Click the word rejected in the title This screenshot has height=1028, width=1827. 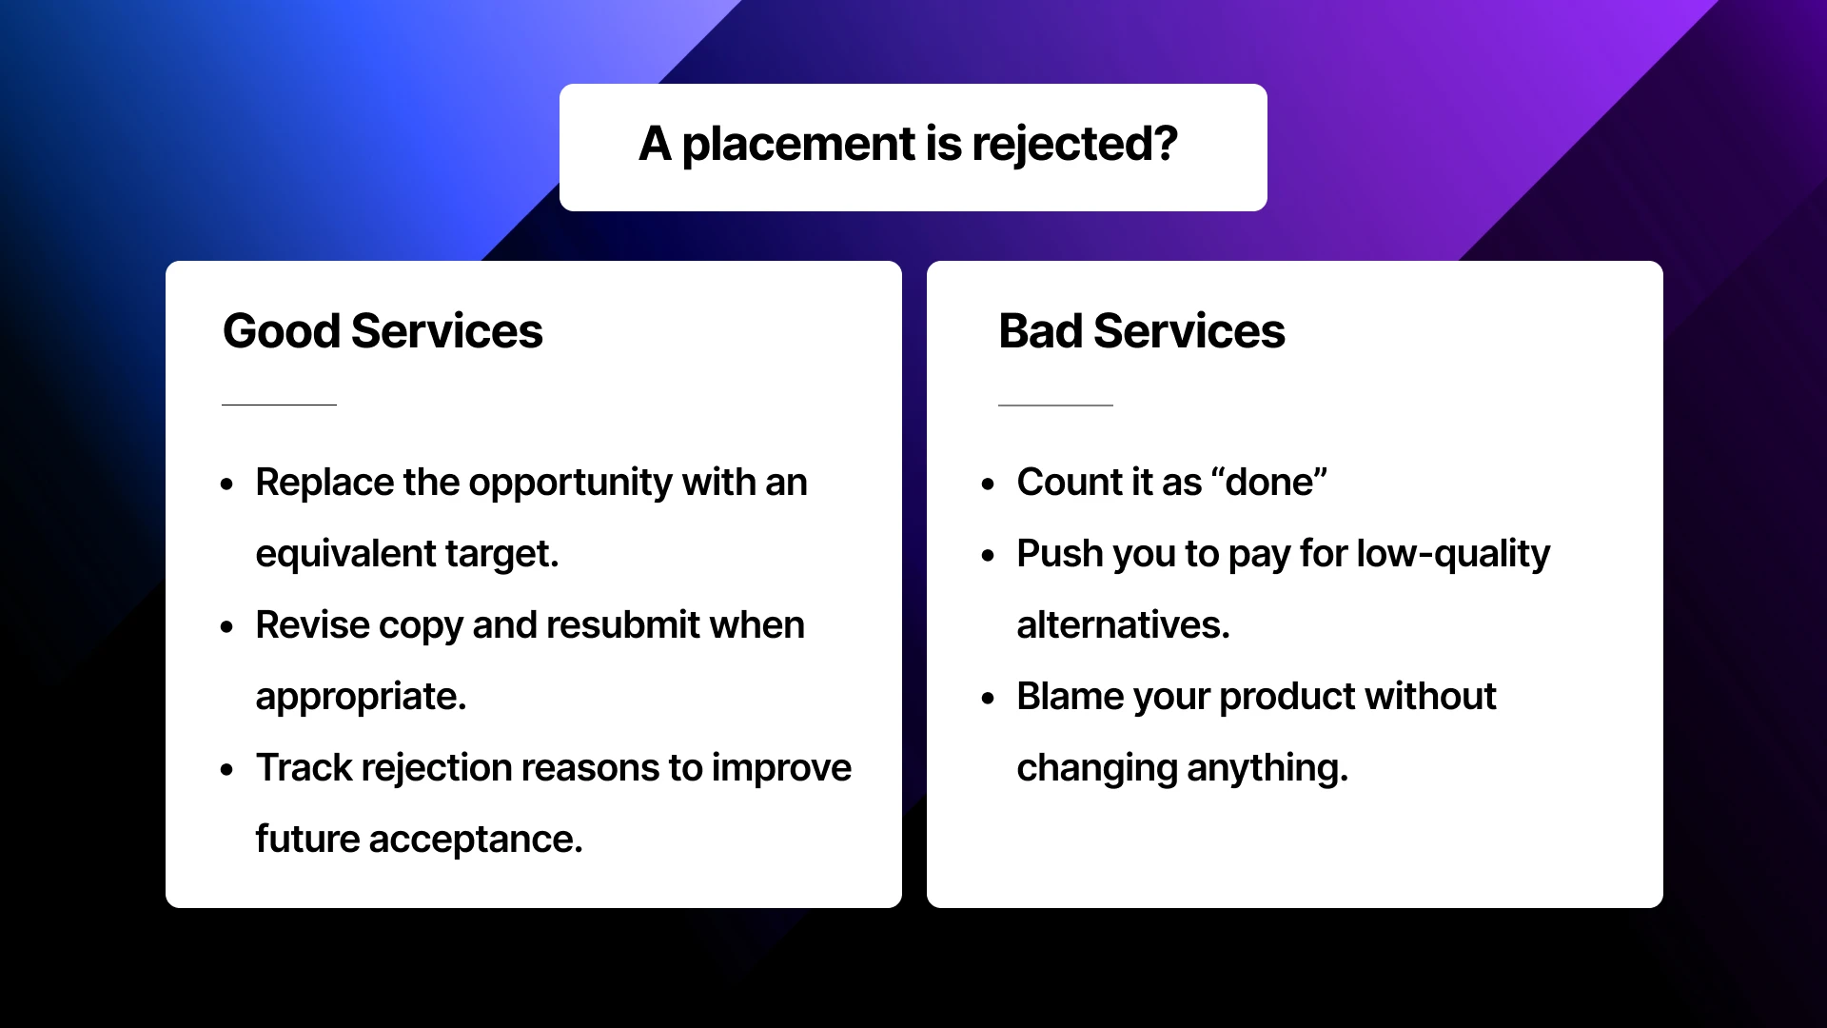(1074, 145)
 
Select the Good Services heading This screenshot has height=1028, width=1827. (383, 331)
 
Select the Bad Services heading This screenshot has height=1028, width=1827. (1141, 331)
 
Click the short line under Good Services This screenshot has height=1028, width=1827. (279, 405)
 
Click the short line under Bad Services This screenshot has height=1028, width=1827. (1055, 405)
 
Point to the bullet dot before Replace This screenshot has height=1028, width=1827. (226, 484)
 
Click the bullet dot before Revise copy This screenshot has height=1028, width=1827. (226, 627)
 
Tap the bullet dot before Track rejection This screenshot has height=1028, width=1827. (226, 770)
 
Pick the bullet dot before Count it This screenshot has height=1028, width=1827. (988, 484)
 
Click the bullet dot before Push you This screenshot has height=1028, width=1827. (988, 556)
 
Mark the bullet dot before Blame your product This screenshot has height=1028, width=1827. (988, 699)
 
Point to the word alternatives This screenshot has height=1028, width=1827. (1123, 625)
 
